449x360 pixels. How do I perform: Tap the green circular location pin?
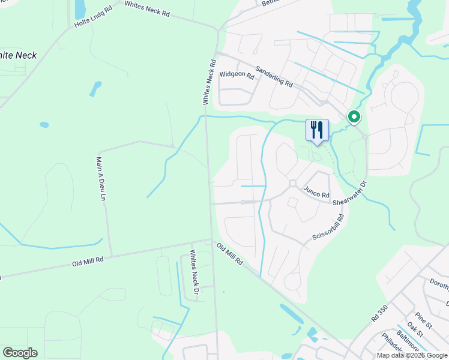click(x=354, y=117)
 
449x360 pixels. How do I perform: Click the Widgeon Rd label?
click(x=237, y=75)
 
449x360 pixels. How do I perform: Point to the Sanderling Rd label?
click(x=274, y=76)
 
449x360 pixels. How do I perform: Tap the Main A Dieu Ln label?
click(x=101, y=179)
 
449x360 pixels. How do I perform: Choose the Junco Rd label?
click(x=316, y=193)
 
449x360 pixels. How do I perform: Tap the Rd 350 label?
click(x=379, y=312)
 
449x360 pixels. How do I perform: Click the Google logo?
click(x=20, y=353)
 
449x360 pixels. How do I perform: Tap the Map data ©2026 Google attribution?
click(x=412, y=355)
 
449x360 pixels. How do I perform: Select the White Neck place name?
click(x=18, y=55)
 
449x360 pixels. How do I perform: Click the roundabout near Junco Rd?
click(x=292, y=184)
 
